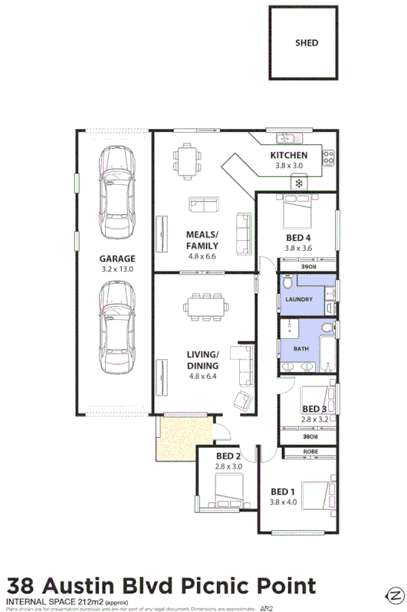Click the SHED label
[306, 43]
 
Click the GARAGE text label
[117, 258]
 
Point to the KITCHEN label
[289, 156]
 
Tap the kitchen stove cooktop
[328, 158]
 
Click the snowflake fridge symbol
[297, 183]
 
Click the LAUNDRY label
[298, 299]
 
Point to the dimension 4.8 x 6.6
[202, 257]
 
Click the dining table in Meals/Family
[186, 160]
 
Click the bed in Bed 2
[228, 489]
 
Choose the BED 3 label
[314, 410]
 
